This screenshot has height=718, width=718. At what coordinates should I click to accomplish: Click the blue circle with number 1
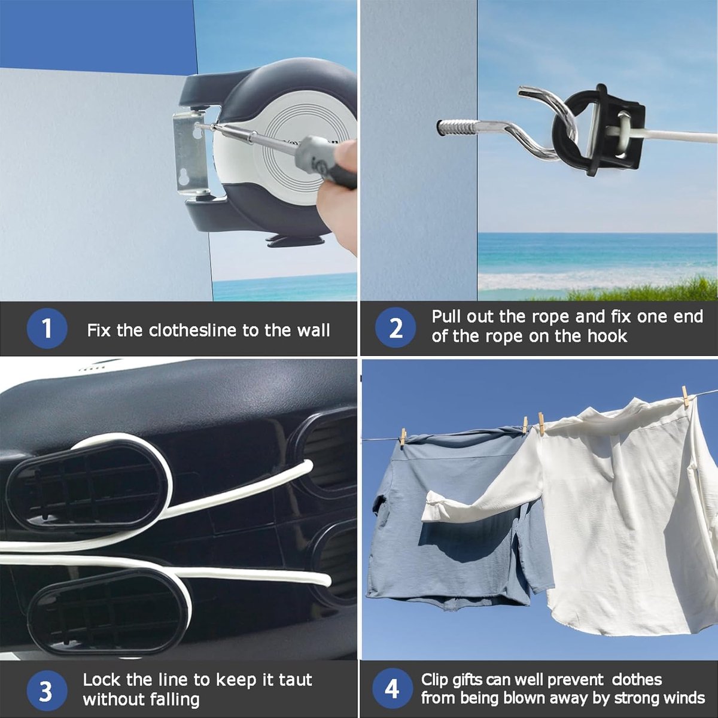pos(47,328)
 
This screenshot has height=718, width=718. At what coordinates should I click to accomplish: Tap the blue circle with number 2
pos(395,328)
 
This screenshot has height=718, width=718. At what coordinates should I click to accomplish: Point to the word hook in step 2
pos(607,336)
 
